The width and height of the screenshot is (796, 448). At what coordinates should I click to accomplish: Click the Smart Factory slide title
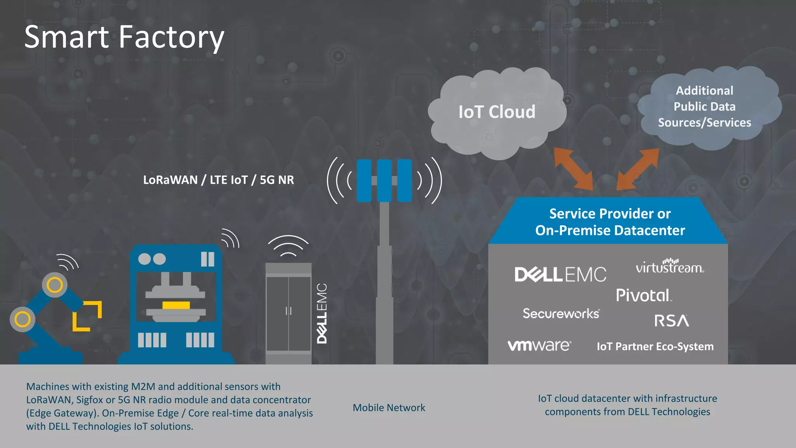[124, 37]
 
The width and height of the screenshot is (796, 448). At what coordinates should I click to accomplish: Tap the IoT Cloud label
[497, 112]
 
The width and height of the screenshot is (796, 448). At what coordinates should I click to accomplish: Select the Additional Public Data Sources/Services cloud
[704, 106]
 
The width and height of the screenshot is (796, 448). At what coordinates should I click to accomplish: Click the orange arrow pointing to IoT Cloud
[573, 168]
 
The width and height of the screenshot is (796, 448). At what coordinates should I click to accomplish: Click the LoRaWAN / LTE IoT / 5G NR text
[218, 180]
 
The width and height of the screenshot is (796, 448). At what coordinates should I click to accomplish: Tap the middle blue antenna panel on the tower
[384, 180]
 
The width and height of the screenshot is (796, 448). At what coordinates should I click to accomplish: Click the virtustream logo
[670, 266]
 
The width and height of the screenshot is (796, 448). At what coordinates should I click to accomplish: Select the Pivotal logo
[643, 295]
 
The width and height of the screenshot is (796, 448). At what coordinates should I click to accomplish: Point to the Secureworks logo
[561, 313]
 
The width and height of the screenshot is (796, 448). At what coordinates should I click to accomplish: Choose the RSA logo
[672, 321]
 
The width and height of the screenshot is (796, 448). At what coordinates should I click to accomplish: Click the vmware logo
[539, 345]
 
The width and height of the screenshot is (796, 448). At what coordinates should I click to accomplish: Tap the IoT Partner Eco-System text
[655, 346]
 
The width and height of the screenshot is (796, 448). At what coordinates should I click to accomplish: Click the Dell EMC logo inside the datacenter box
[560, 275]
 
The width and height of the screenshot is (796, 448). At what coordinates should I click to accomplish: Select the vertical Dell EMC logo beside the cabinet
[322, 313]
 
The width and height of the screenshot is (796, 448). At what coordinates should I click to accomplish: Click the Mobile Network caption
[389, 408]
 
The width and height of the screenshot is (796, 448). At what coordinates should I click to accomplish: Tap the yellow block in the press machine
[176, 305]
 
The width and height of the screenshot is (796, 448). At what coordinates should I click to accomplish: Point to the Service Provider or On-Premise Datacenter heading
[610, 222]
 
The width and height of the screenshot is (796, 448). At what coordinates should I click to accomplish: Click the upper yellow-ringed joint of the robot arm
[55, 285]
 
